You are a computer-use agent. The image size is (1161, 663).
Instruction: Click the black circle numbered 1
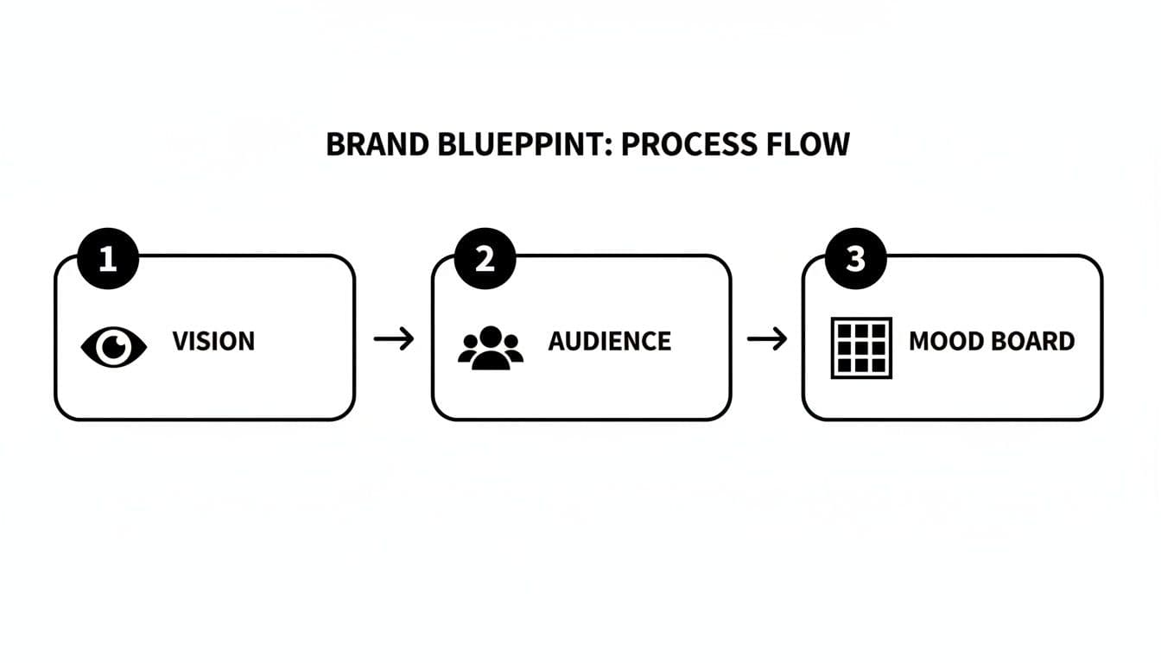pos(107,258)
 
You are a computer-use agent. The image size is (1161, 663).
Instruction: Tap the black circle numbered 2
pos(485,258)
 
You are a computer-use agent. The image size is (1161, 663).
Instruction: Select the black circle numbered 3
pos(855,258)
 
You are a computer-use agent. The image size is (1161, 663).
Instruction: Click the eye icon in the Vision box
pos(113,347)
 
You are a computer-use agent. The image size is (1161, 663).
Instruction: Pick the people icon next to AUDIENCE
pos(491,348)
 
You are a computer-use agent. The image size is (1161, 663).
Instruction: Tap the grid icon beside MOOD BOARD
pos(861,348)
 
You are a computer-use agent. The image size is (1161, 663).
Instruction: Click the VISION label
pos(213,341)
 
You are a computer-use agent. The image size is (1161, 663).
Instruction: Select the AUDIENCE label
pos(609,341)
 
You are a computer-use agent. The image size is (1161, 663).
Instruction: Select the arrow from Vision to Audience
pos(393,339)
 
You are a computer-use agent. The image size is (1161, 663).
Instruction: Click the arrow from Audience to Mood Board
pos(766,339)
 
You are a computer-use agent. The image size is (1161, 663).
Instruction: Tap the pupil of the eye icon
pos(113,347)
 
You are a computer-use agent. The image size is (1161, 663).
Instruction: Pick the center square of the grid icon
pos(861,348)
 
